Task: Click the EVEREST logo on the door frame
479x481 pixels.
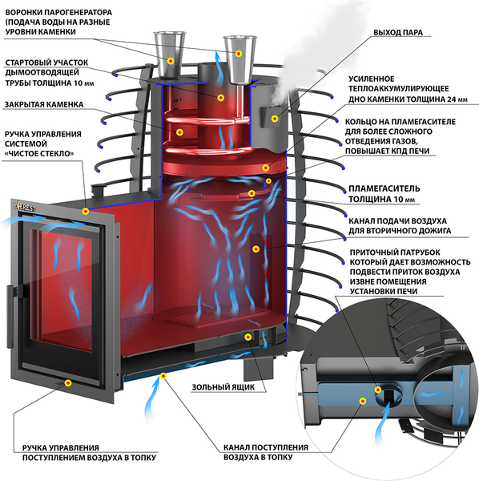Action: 24,206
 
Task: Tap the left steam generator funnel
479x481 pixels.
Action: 169,55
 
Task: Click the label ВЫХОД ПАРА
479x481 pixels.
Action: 398,33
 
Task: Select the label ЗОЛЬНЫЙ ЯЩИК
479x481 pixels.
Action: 223,387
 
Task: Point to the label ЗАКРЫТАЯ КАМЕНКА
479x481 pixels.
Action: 44,104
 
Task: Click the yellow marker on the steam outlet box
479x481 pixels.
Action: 275,119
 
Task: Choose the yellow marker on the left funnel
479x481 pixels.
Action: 171,61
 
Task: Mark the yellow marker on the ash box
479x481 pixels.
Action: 248,338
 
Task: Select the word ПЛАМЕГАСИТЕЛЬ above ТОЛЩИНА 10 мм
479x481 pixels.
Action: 384,188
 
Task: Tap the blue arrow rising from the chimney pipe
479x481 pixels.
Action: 218,68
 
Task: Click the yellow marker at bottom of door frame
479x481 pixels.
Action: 68,383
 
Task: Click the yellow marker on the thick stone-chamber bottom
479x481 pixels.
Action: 266,168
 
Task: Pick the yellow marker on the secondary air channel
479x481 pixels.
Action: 256,249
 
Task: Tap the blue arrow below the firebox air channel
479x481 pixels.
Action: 151,398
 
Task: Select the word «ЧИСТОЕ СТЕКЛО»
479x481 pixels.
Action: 39,153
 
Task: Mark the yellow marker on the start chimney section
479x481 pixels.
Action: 220,98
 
